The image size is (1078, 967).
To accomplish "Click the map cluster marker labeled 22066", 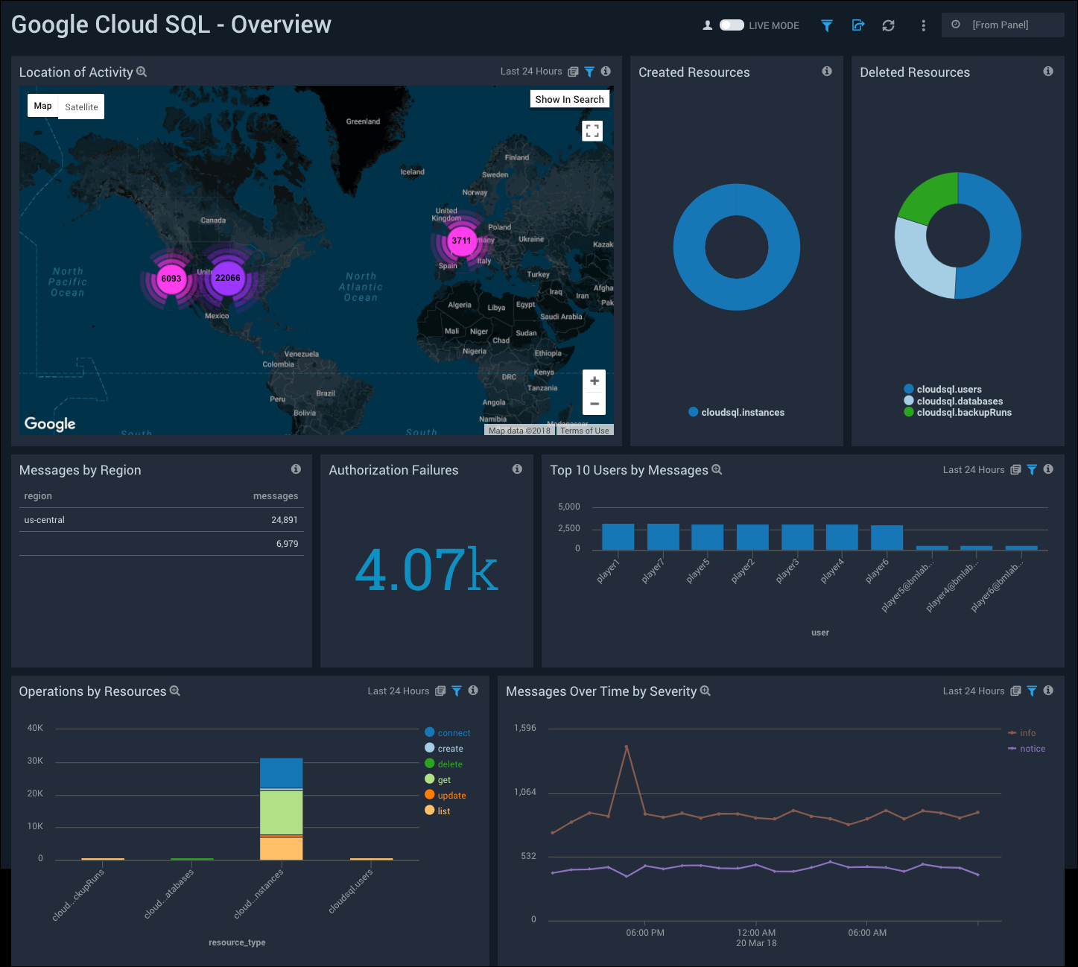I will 227,278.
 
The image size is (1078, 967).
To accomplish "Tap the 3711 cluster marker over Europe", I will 461,241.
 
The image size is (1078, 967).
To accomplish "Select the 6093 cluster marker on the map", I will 171,279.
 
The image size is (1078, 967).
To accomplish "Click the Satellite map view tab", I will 81,107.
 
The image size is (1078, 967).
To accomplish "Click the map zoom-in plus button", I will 594,381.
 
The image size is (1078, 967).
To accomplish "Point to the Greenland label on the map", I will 363,121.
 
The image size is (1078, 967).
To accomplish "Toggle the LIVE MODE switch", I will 732,25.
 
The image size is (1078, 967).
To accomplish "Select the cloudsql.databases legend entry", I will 960,401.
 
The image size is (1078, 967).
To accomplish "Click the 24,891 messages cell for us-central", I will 284,520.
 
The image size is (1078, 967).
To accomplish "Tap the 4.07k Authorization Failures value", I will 426,570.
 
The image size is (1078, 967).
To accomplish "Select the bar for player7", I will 663,536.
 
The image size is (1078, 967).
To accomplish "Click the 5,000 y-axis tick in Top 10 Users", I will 569,507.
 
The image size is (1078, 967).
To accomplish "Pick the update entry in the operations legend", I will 451,796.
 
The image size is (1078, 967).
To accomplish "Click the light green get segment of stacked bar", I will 281,812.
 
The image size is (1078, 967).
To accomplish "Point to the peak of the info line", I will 627,746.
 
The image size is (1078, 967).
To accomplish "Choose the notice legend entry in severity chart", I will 1032,749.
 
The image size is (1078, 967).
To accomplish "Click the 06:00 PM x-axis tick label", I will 645,933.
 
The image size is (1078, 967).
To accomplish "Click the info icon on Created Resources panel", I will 827,72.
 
